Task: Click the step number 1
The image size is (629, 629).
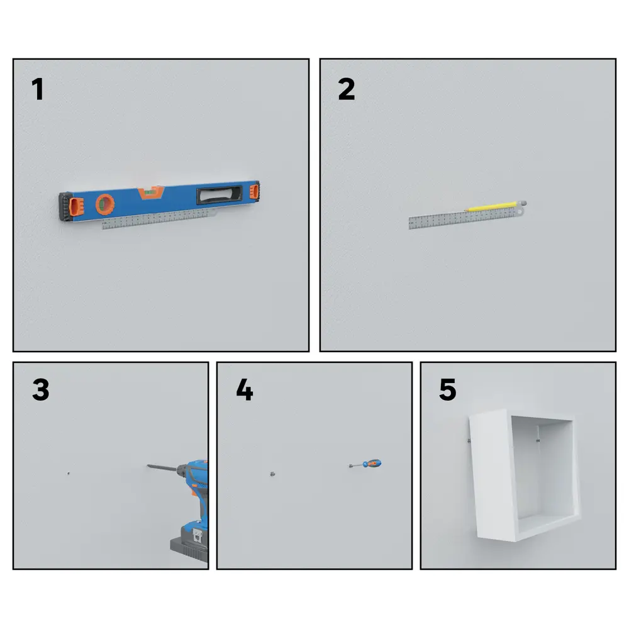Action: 38,89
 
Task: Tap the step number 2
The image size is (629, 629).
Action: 347,89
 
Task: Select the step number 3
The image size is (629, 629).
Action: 41,389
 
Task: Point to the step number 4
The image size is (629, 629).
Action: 245,389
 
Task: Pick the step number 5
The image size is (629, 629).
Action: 448,389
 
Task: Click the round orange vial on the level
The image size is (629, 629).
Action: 105,204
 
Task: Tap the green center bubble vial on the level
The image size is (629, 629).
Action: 151,192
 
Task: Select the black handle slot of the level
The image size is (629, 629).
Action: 219,194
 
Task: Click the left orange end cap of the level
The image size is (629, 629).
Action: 76,206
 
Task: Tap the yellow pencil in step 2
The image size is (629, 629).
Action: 496,206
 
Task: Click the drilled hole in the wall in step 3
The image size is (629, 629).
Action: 68,474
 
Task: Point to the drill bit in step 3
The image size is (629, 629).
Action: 162,467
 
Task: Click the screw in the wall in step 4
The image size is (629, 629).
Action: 272,474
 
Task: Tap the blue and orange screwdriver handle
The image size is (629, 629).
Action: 372,464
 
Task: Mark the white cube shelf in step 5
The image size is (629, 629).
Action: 525,475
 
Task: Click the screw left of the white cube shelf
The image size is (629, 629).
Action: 469,441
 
